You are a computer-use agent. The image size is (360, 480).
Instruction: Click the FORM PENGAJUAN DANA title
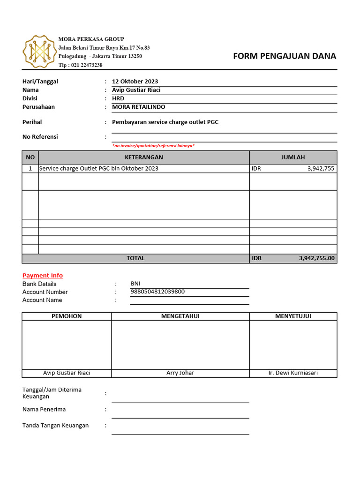tap(285, 56)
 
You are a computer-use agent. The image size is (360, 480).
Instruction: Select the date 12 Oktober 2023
tap(135, 82)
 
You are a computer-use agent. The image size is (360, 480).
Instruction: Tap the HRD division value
tap(118, 98)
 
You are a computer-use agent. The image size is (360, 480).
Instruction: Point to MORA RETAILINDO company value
tap(139, 107)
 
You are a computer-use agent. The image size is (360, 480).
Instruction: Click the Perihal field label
tap(32, 122)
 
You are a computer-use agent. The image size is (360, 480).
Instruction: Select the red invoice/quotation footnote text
tap(153, 146)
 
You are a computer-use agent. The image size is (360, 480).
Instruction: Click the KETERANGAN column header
tap(144, 157)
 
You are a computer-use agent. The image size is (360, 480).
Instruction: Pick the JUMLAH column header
tap(293, 157)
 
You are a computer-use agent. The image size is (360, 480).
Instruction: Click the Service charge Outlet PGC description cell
tap(99, 169)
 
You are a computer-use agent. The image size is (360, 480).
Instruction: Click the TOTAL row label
tap(135, 258)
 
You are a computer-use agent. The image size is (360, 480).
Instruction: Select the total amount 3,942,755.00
tap(316, 258)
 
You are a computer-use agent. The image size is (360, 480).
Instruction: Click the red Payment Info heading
tap(43, 276)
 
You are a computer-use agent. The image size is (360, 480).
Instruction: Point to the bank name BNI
tap(135, 284)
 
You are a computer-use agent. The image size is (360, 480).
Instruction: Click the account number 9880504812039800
tap(157, 292)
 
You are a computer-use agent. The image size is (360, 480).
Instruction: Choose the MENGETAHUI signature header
tap(180, 316)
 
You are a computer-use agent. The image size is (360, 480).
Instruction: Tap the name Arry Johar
tap(180, 373)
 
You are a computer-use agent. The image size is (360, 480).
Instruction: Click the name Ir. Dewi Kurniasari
tap(293, 373)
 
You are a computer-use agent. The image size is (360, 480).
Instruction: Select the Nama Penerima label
tap(44, 409)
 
